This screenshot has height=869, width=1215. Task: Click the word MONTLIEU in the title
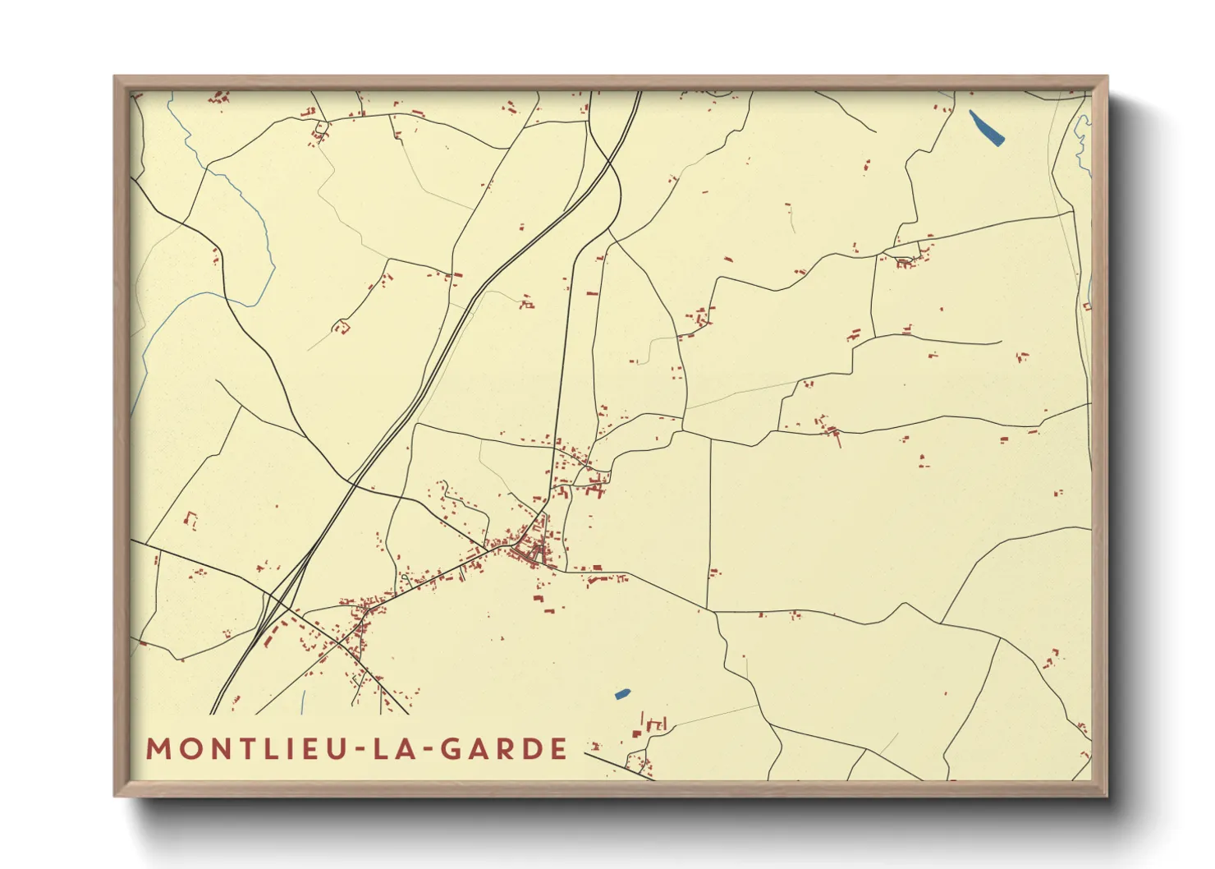[x=245, y=749]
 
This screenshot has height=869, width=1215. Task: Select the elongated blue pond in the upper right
[x=986, y=127]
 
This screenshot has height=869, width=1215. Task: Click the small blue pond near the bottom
[x=622, y=695]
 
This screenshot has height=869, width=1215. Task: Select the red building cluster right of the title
[x=649, y=739]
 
